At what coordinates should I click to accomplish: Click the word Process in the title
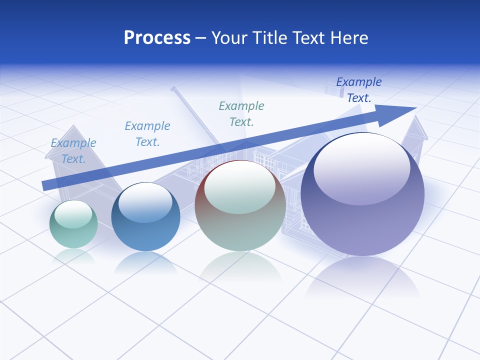[157, 38]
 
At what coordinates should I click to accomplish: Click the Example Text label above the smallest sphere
[73, 151]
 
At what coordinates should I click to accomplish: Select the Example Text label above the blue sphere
[147, 134]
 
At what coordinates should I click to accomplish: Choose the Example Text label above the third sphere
[241, 113]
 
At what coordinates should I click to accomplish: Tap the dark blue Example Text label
[359, 90]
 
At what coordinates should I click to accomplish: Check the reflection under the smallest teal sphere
[73, 256]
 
